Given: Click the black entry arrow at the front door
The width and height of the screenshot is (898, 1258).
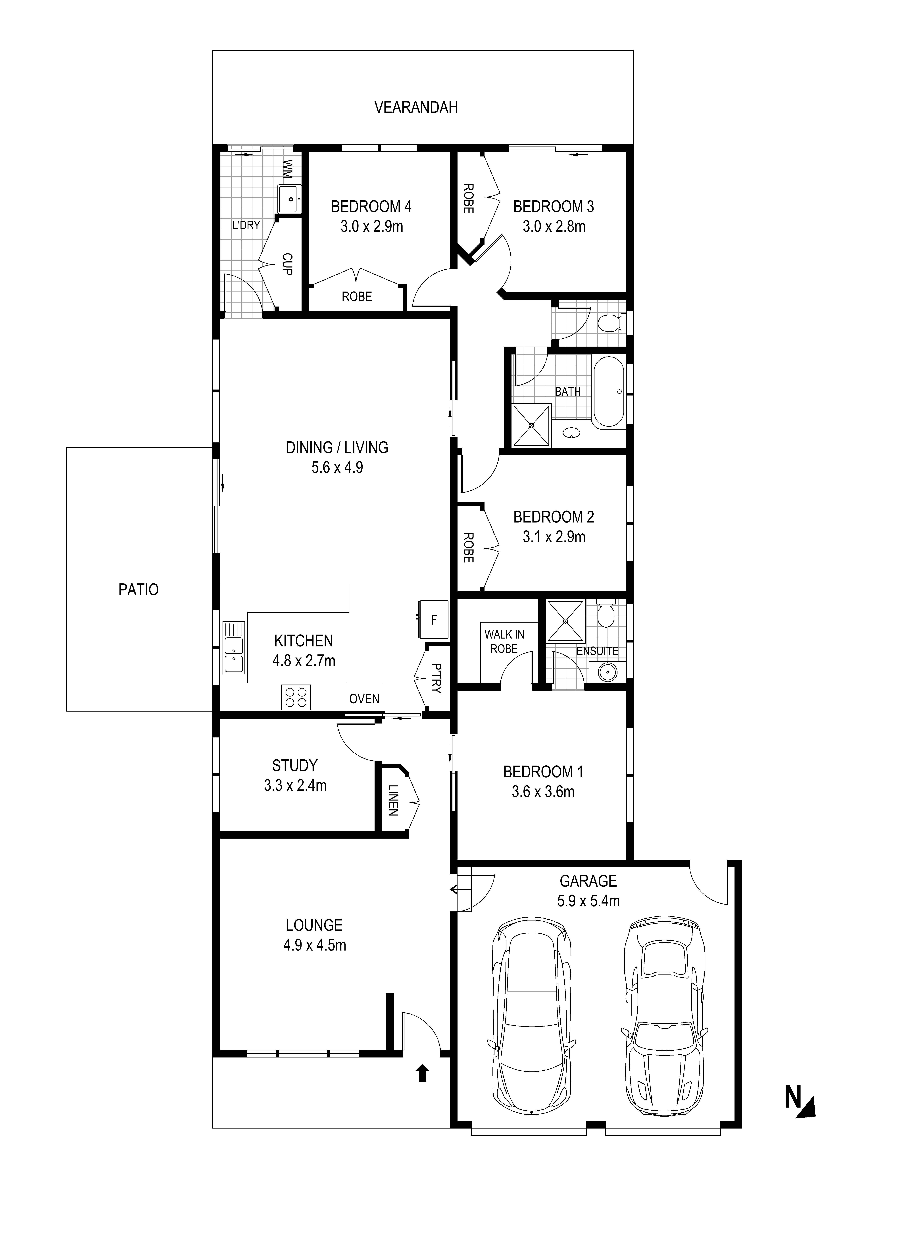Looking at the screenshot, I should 422,1073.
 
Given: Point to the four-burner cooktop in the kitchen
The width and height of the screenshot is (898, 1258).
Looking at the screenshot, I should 296,697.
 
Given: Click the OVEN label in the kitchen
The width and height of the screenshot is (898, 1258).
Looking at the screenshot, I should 364,699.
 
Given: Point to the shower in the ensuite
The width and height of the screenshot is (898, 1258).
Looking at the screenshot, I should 565,621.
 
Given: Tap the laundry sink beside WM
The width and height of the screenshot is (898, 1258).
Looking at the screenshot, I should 290,199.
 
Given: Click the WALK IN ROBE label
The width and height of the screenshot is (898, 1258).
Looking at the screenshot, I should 504,641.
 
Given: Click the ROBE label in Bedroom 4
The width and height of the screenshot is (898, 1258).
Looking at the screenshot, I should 357,297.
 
